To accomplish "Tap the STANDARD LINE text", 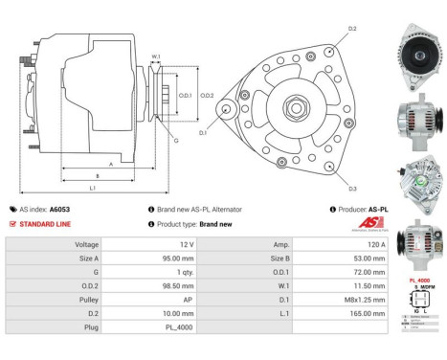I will point(44,223).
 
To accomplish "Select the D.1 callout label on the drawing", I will point(203,132).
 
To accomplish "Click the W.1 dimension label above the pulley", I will point(155,57).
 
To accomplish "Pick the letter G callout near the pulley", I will point(175,141).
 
